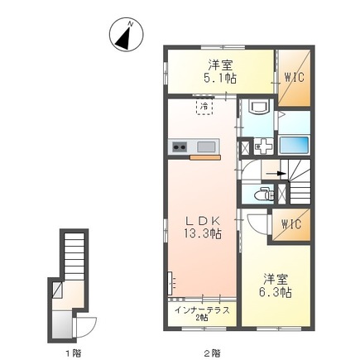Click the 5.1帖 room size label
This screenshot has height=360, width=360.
[220, 79]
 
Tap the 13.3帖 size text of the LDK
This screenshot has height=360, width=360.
[203, 234]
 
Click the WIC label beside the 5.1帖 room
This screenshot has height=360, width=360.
[293, 79]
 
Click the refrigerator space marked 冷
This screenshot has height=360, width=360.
[203, 107]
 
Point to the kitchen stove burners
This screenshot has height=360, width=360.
[180, 147]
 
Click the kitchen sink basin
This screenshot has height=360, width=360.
[206, 147]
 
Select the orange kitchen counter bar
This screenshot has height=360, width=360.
[204, 156]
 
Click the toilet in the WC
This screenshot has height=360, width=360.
[262, 195]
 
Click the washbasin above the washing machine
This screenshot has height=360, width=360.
[257, 107]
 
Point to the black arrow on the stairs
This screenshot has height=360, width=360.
[280, 174]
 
